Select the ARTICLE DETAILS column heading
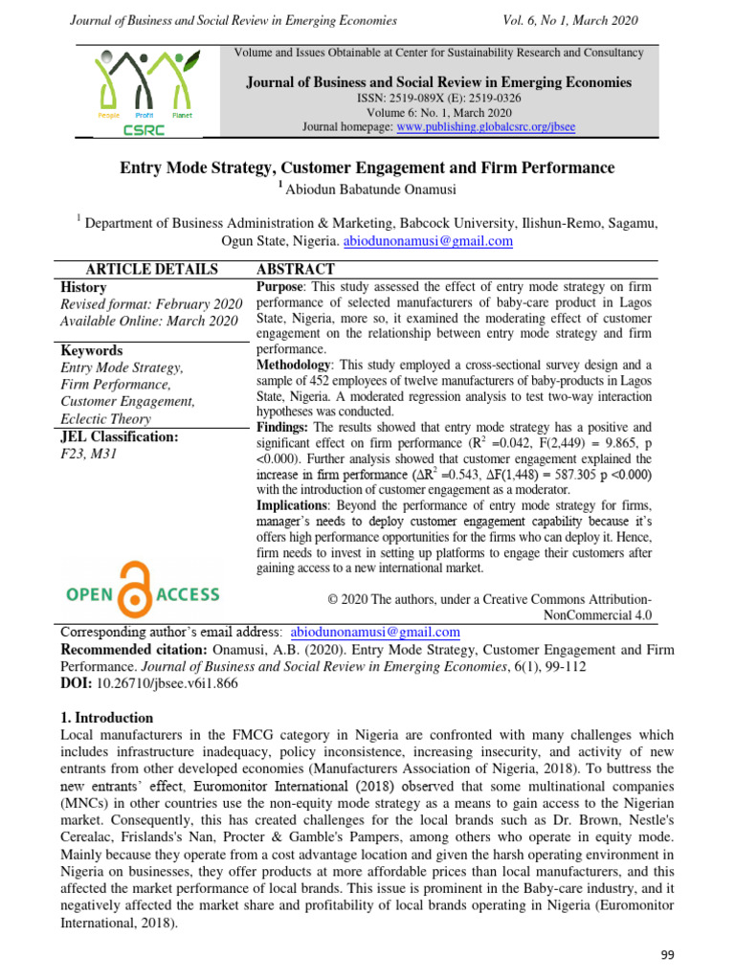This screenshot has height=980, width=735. tap(152, 270)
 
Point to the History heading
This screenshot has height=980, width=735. tap(83, 287)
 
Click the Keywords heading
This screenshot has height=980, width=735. tap(91, 350)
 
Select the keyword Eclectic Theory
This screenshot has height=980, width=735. tap(105, 418)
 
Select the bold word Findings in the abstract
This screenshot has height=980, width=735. tap(285, 426)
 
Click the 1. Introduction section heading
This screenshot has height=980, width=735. tap(106, 718)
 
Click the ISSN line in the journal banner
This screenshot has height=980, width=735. tap(439, 98)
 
